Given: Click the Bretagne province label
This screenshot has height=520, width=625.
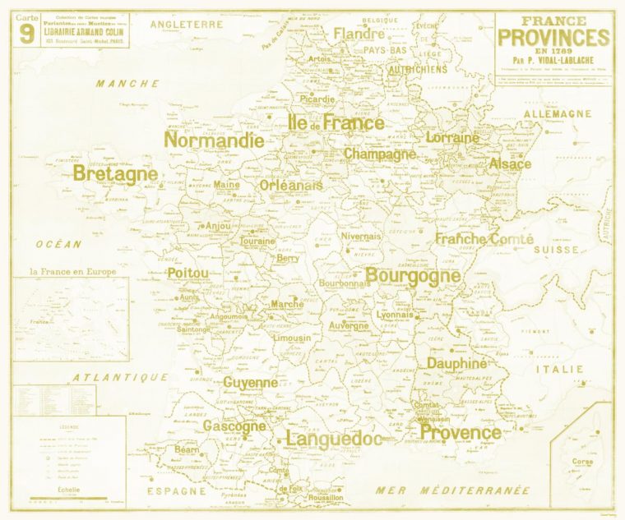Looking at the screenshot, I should point(115,174).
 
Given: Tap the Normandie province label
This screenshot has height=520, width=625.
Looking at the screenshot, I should point(214,140).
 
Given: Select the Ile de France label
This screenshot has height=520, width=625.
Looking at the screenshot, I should point(336,123).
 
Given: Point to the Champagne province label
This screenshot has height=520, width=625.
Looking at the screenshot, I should point(380,154).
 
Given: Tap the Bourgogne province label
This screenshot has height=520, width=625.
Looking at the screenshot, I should point(413,275).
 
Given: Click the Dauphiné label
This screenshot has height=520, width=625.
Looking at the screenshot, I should point(457,363).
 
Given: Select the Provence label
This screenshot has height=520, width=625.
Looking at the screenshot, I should point(460,432).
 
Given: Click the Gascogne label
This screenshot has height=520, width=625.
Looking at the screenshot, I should point(234,426).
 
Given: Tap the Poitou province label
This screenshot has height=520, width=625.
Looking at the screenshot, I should point(188,273).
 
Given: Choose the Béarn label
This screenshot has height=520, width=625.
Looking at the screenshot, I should point(187,450).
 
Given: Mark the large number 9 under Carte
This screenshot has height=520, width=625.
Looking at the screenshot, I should point(27,34).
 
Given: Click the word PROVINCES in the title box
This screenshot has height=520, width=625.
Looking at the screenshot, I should point(554,38).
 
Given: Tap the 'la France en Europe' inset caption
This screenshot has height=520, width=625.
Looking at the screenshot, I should point(73,271).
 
